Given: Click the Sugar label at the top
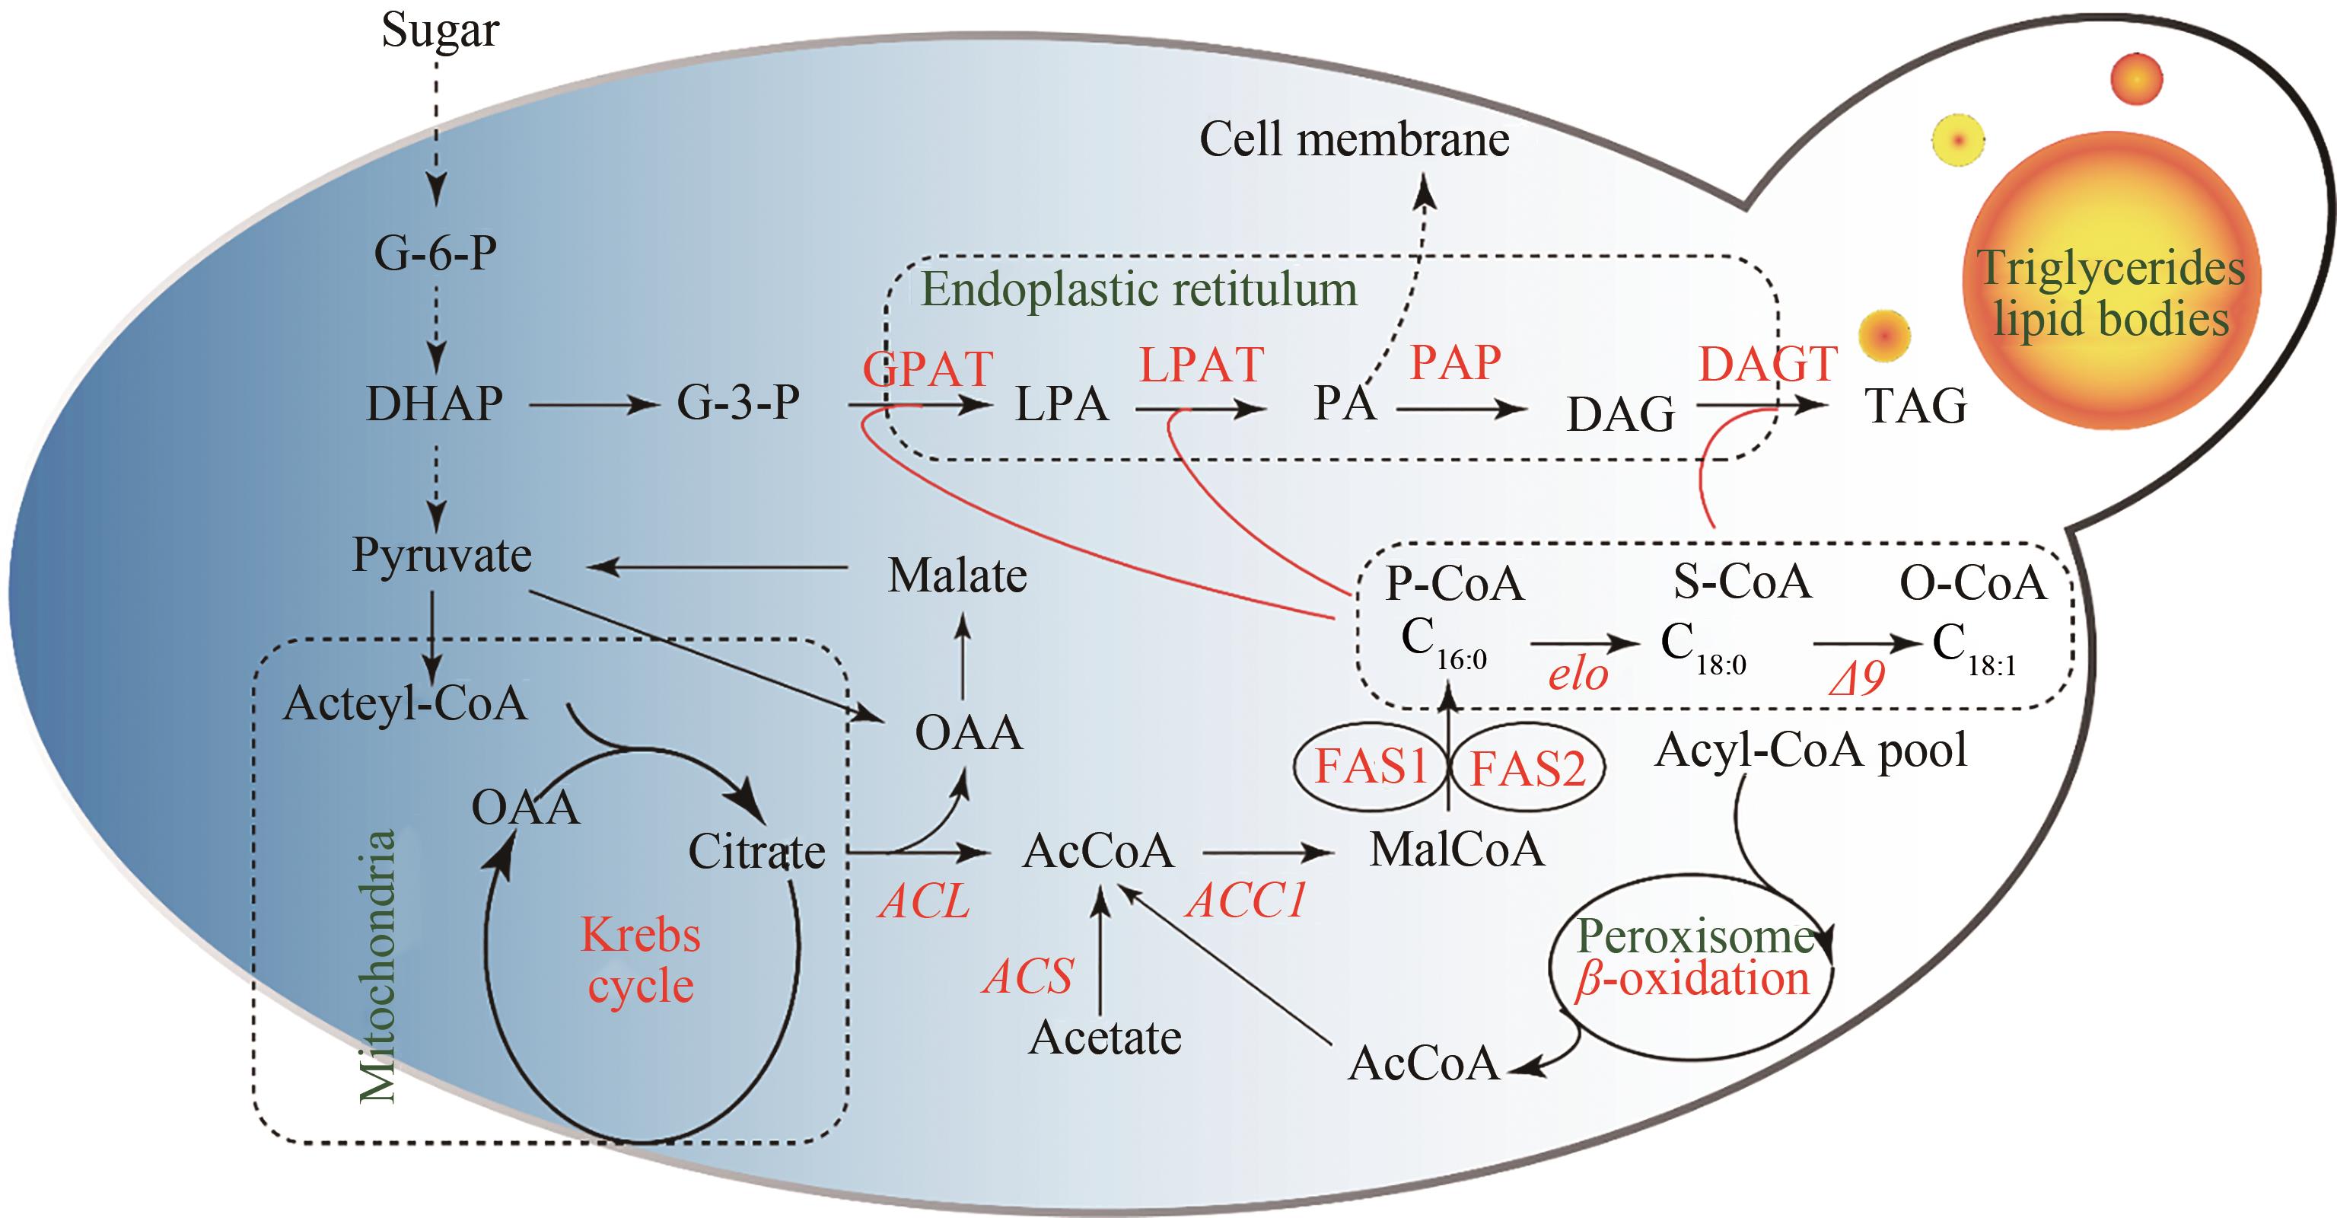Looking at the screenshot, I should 440,30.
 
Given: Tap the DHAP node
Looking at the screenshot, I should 434,404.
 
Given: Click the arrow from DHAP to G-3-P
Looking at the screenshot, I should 594,405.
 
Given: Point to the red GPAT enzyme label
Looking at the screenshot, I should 927,368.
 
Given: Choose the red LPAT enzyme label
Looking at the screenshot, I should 1201,365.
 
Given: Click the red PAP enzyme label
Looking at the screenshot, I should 1455,362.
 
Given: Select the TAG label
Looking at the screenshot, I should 1916,406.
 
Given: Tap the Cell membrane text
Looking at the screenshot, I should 1354,140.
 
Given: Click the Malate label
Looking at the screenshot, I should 957,576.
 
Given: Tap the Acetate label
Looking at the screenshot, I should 1105,1038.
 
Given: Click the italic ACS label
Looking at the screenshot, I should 1030,977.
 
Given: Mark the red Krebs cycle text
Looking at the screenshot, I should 641,960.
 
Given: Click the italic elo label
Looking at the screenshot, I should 1578,674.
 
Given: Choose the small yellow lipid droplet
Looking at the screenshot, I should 1958,141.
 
